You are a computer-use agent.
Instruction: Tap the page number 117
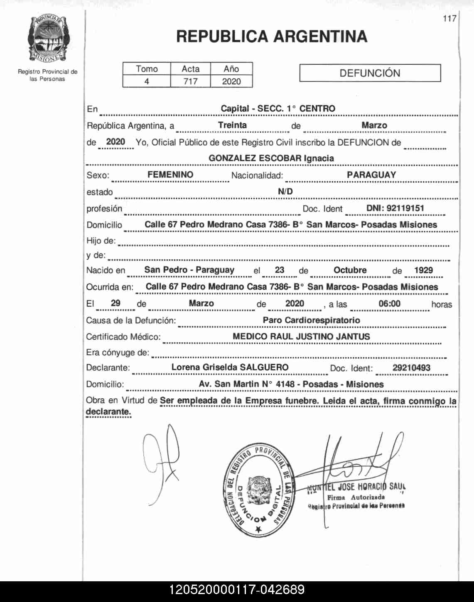(449, 18)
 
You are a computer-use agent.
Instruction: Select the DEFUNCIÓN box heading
(370, 73)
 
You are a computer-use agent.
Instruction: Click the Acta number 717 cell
(190, 81)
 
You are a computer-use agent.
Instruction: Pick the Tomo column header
(147, 69)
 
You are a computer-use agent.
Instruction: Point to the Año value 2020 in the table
(231, 81)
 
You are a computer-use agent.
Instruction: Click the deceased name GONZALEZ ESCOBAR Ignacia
(271, 158)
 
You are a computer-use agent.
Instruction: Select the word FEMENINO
(170, 175)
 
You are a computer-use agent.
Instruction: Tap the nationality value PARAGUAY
(371, 175)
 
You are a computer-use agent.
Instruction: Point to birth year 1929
(423, 270)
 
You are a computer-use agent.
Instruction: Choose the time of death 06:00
(389, 304)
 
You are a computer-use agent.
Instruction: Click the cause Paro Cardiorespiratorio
(311, 320)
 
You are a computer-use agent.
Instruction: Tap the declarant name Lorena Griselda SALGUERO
(230, 367)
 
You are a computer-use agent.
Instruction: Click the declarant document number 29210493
(411, 368)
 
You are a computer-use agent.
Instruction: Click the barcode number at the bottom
(237, 590)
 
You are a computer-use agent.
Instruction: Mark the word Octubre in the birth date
(350, 270)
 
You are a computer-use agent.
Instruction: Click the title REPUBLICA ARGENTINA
(272, 37)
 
